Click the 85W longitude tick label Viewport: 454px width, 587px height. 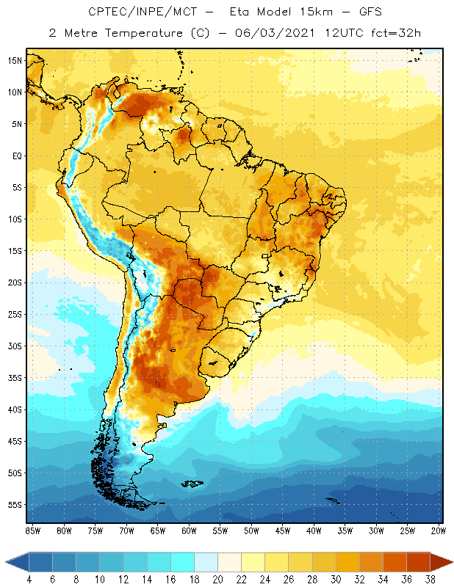33,529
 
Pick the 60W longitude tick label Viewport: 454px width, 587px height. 189,529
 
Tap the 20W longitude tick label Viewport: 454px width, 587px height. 439,529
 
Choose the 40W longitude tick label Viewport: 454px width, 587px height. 314,529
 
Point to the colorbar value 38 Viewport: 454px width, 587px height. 428,579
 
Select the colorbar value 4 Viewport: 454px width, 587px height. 29,579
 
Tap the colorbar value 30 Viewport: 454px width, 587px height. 335,579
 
